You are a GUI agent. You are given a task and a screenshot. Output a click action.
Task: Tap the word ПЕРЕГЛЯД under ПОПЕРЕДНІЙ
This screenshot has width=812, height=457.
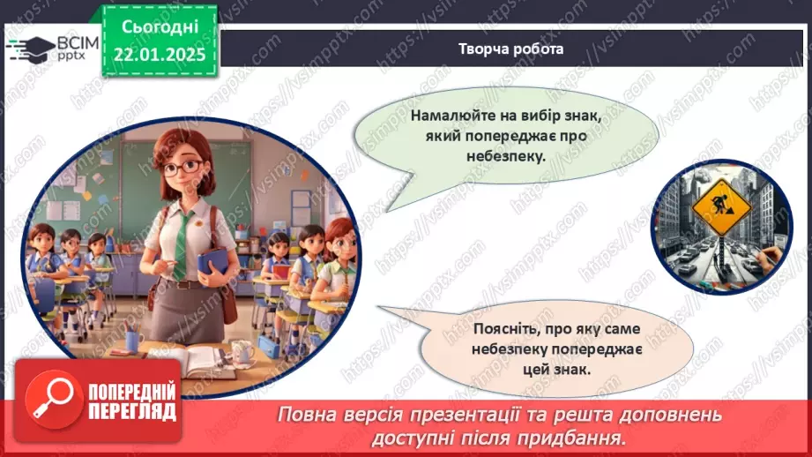coord(131,412)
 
